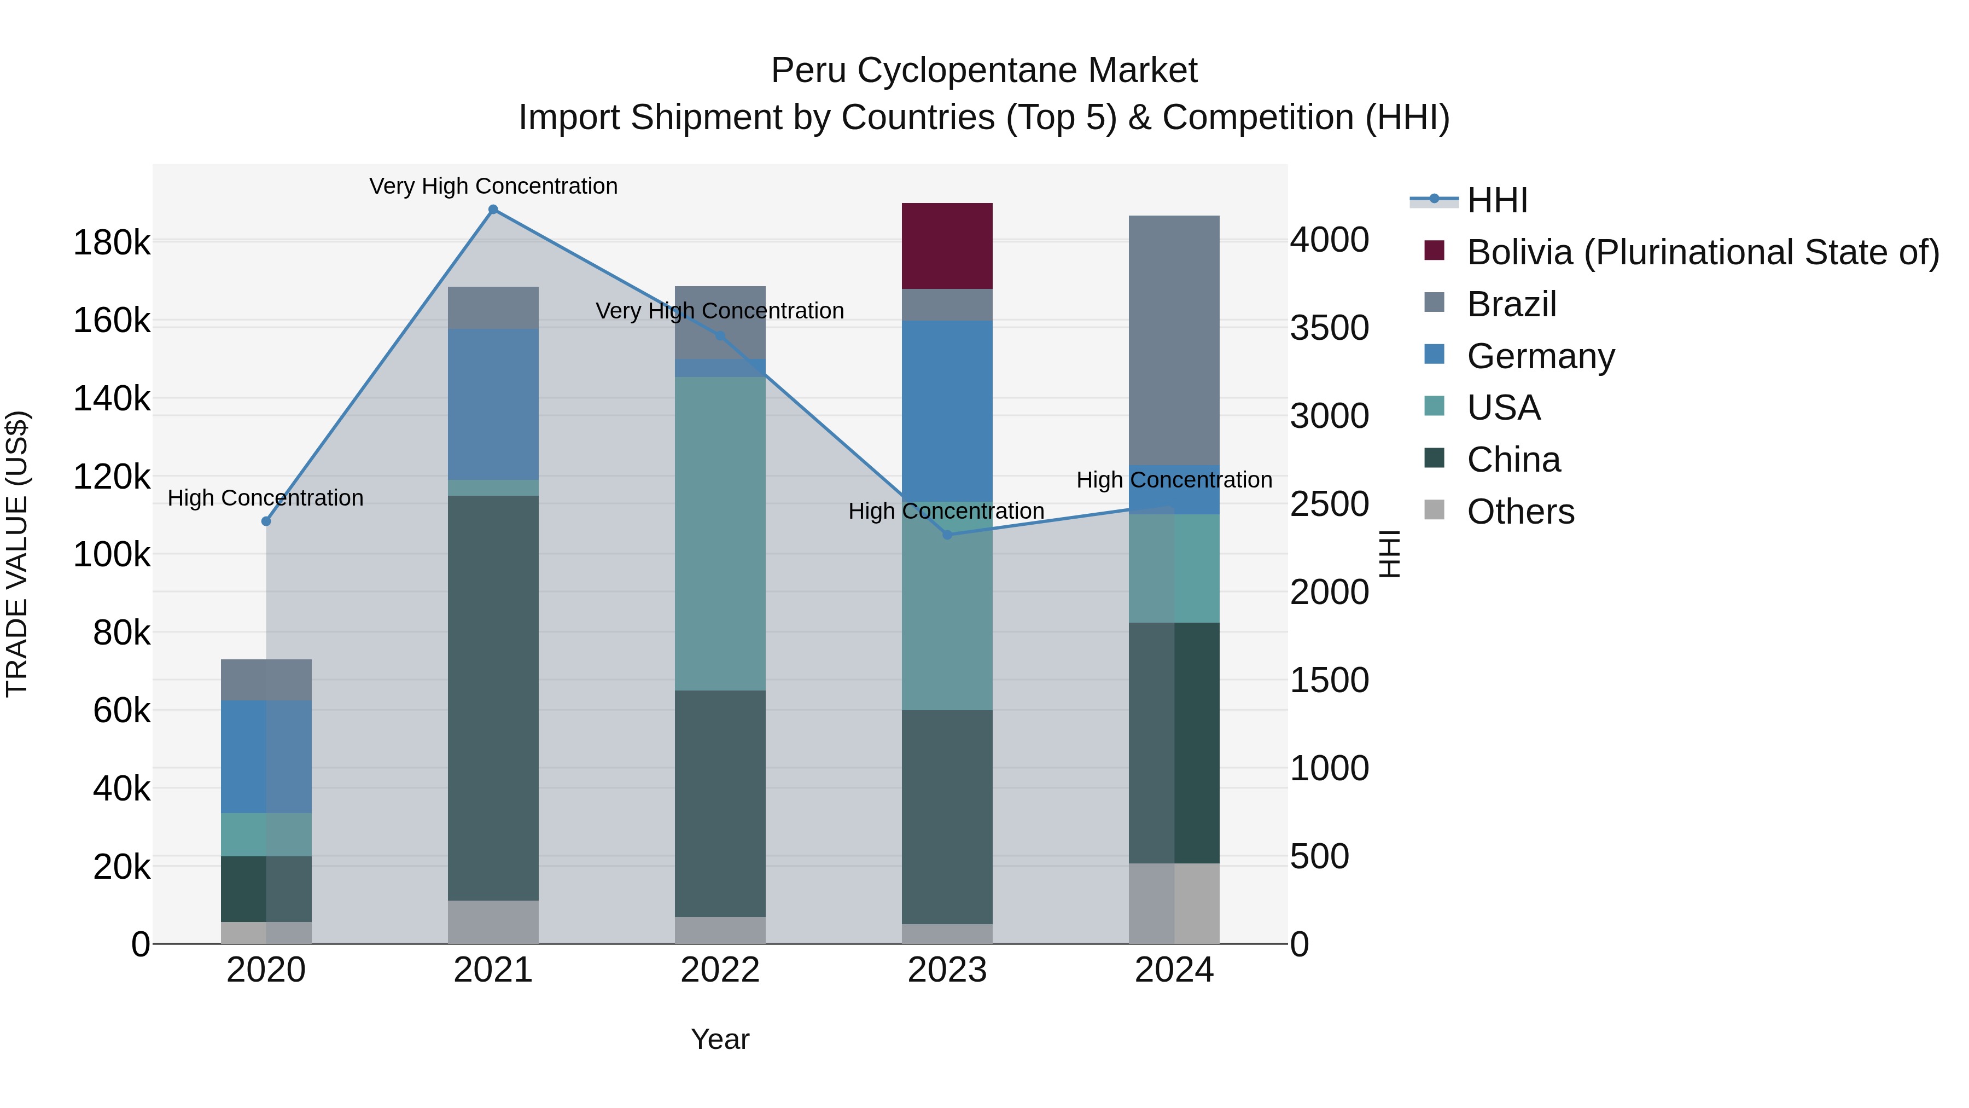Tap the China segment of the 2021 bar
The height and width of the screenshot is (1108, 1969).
pyautogui.click(x=493, y=698)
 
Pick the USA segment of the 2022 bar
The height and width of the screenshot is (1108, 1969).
pyautogui.click(x=719, y=533)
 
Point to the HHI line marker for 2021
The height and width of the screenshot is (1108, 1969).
pyautogui.click(x=493, y=210)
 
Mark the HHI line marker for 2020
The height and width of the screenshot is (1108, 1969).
pyautogui.click(x=266, y=521)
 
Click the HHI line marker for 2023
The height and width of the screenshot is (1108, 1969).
pyautogui.click(x=947, y=535)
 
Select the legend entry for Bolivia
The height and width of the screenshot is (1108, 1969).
pyautogui.click(x=1702, y=252)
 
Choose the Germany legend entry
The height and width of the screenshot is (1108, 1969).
pyautogui.click(x=1540, y=356)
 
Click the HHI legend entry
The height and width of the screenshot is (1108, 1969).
pyautogui.click(x=1496, y=200)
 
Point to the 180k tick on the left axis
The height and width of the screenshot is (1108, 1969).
pyautogui.click(x=112, y=243)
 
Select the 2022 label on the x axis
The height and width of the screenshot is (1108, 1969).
pyautogui.click(x=719, y=970)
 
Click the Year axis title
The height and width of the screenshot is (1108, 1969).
pyautogui.click(x=719, y=1039)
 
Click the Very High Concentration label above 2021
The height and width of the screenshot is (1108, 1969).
pyautogui.click(x=493, y=186)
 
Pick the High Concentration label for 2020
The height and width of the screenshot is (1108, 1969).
pyautogui.click(x=265, y=498)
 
